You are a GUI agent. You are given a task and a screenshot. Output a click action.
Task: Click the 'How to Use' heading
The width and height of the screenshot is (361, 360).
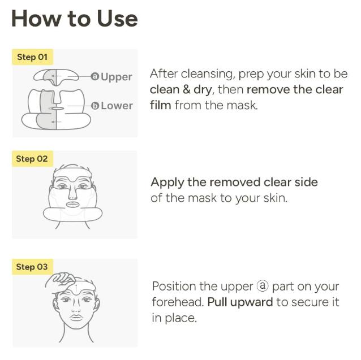74,19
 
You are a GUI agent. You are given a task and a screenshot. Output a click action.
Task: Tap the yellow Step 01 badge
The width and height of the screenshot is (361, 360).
32,57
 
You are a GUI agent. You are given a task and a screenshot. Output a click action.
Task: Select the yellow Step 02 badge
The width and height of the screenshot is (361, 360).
32,159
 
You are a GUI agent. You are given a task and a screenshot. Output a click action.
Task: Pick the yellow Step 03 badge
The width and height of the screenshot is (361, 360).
32,267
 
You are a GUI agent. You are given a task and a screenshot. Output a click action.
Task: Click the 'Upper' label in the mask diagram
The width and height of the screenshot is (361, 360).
117,77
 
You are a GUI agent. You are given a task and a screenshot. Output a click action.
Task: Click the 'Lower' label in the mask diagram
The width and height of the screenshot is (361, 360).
117,106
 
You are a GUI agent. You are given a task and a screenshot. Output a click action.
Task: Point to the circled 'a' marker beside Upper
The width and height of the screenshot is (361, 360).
94,76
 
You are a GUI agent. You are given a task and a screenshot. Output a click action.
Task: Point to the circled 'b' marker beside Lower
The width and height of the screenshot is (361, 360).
95,106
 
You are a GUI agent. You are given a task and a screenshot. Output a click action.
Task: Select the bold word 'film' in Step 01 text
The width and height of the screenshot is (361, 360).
161,105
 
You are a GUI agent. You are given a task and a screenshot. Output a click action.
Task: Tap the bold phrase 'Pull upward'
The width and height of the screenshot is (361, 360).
240,302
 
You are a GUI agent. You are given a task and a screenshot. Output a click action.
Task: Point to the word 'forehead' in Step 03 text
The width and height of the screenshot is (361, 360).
176,302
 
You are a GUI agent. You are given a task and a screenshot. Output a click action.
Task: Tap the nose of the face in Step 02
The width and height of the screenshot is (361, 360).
73,196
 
